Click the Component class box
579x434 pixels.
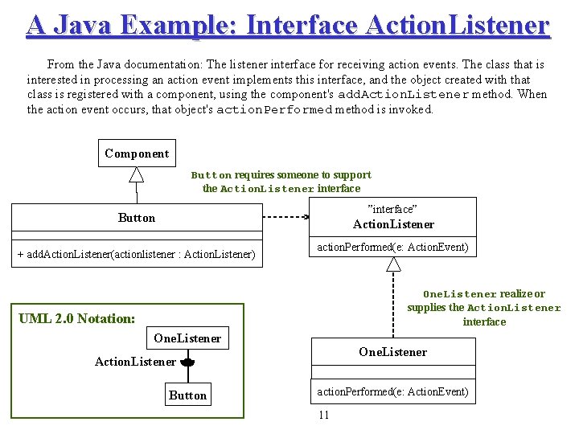point(136,153)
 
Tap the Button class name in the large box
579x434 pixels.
point(137,218)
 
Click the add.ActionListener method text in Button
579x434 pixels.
point(136,255)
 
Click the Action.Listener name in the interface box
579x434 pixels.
point(393,224)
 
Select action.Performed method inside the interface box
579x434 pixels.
point(392,247)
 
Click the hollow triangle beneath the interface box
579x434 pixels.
point(393,264)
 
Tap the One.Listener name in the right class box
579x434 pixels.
point(392,352)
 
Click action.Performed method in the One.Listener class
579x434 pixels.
point(392,391)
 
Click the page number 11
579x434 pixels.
point(324,415)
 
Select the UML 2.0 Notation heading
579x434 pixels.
point(76,318)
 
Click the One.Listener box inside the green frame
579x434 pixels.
point(187,338)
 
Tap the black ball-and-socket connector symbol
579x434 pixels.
point(187,363)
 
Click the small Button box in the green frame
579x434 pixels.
point(187,395)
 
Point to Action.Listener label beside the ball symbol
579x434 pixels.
point(135,362)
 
